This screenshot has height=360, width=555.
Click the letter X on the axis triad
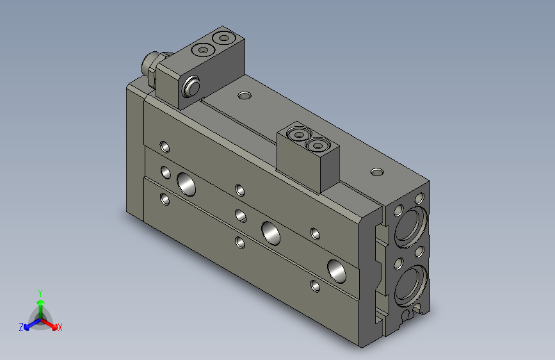click(x=60, y=328)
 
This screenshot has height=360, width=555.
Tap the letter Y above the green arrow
click(x=40, y=293)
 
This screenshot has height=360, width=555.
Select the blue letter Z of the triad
click(x=21, y=327)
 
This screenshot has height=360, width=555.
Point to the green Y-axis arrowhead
click(x=41, y=302)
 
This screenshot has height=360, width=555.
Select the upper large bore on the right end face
click(x=410, y=227)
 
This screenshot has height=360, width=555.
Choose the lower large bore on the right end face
click(x=410, y=286)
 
